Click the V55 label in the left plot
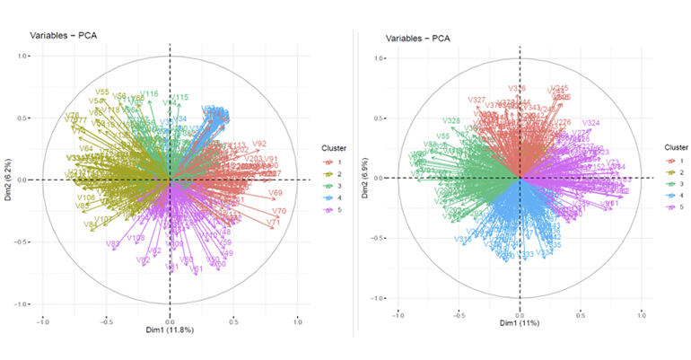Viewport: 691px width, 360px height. (x=102, y=92)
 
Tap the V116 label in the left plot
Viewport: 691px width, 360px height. (x=149, y=94)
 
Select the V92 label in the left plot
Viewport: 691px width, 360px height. (x=259, y=144)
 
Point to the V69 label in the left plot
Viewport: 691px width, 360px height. (x=276, y=193)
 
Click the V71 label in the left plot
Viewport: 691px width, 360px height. (x=274, y=223)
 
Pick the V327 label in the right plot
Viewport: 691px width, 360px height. (x=477, y=100)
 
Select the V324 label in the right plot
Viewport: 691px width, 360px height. (x=590, y=123)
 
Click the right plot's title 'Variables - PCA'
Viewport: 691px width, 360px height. (x=417, y=39)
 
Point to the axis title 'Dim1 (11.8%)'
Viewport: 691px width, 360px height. (x=170, y=331)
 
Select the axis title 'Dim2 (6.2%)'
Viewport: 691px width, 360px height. (x=8, y=179)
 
